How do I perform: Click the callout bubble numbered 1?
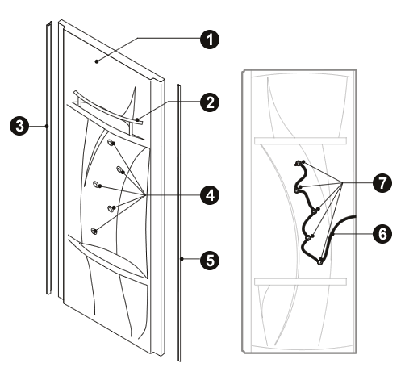tap(210, 40)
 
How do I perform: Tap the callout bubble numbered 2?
tap(210, 102)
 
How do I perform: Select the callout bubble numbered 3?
tap(19, 126)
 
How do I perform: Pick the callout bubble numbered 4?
tap(210, 195)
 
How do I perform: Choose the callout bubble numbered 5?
tap(210, 259)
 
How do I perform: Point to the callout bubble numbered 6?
tap(382, 233)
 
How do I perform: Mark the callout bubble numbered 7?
tap(382, 183)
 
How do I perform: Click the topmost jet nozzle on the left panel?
tap(111, 142)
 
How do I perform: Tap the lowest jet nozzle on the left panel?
tap(94, 231)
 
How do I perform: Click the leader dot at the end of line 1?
tap(97, 61)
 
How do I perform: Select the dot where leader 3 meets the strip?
tap(47, 126)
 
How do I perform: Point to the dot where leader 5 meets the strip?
tap(182, 259)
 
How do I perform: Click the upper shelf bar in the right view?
tap(300, 140)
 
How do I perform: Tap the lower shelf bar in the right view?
tap(300, 282)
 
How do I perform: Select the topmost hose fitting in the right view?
tap(299, 163)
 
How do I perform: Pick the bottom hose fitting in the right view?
tap(320, 261)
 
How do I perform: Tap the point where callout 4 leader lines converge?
tap(145, 195)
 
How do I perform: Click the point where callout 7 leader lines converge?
tap(342, 183)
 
